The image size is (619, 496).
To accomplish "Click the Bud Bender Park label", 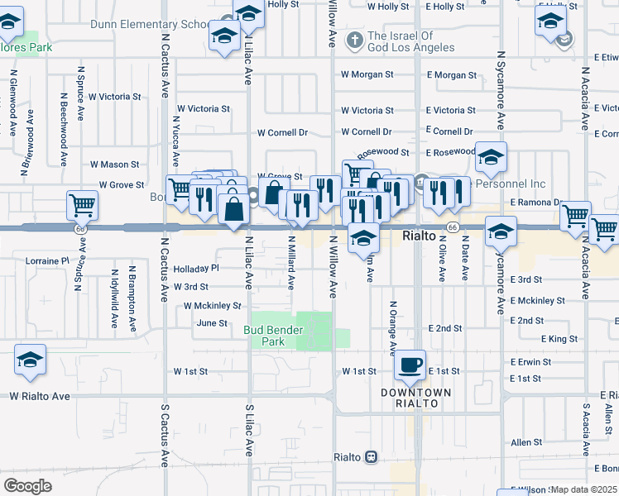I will [273, 335].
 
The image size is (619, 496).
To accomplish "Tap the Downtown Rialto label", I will [415, 398].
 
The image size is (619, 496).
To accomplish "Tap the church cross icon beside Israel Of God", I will [354, 40].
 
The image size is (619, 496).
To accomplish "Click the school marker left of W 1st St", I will [31, 360].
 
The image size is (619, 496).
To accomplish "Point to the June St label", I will [212, 323].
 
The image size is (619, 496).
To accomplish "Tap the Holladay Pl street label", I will [195, 269].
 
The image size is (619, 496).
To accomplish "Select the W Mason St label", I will [115, 165].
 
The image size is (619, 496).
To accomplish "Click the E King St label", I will [559, 339].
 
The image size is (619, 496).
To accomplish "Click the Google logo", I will [27, 486].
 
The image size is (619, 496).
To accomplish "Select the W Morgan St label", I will [367, 74].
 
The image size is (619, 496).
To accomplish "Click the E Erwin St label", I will [525, 362].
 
